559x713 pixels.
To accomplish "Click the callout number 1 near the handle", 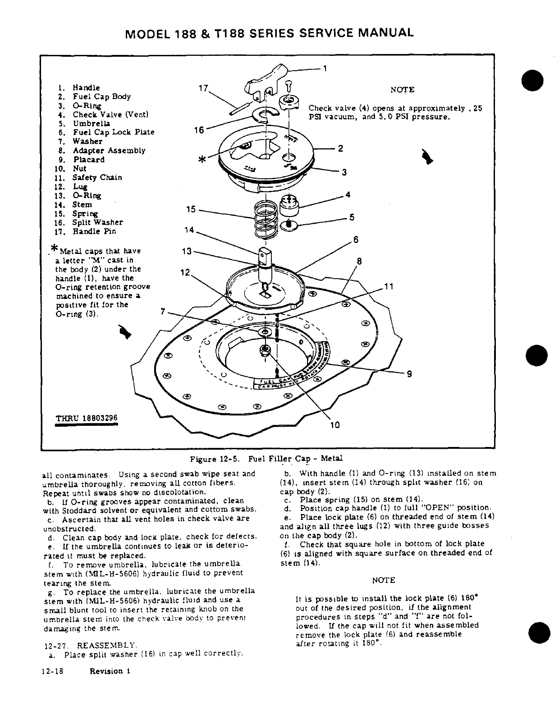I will pos(325,69).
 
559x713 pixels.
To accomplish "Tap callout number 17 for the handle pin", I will pos(202,89).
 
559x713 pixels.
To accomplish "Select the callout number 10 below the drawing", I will pos(335,425).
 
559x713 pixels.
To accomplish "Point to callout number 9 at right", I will pos(409,373).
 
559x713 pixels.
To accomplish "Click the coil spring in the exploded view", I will pos(264,220).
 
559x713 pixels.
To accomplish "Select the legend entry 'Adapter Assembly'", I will pos(109,150).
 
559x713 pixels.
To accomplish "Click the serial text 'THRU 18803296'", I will pos(86,418).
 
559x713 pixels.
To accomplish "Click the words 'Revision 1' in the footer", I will pos(110,671).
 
